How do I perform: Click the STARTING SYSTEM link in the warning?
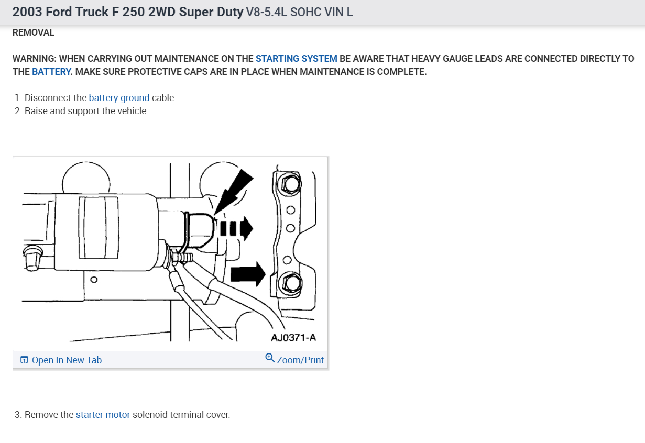tap(296, 59)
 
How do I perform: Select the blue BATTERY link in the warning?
tap(51, 72)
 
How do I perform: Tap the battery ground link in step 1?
tap(119, 98)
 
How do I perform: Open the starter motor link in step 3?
tap(103, 415)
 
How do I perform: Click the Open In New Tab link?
tap(67, 360)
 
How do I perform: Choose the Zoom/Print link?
tap(300, 360)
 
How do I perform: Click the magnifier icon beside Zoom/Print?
tap(270, 358)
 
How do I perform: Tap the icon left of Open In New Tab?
tap(24, 360)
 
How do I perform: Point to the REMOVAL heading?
tap(33, 32)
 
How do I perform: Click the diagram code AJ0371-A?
tap(293, 337)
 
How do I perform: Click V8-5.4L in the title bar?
tap(266, 12)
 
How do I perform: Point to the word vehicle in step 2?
tap(132, 111)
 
